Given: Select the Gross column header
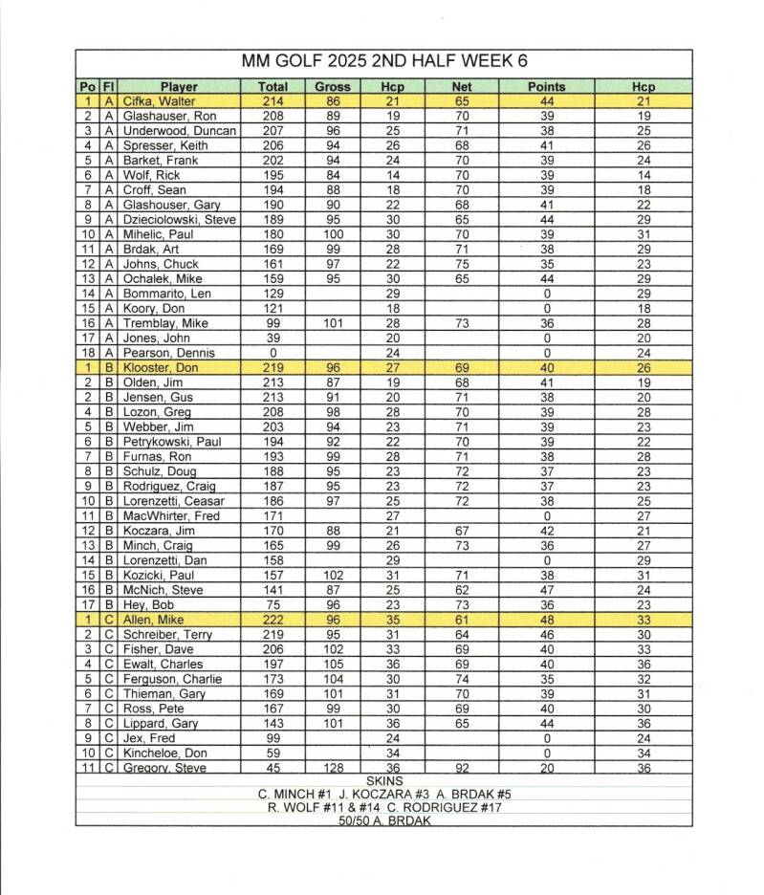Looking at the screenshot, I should click(x=333, y=86).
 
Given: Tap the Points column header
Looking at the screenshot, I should click(x=546, y=86).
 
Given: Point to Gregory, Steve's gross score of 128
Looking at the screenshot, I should click(x=333, y=768).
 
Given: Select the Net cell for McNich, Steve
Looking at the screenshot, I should click(x=462, y=590).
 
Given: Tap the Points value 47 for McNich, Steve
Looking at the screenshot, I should click(x=546, y=590).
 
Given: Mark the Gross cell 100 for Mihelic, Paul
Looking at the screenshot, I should click(x=333, y=234).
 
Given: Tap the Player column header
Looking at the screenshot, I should click(x=179, y=86).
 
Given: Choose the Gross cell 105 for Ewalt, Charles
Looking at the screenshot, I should click(x=333, y=664).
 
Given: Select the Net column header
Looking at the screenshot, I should click(x=462, y=86).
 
